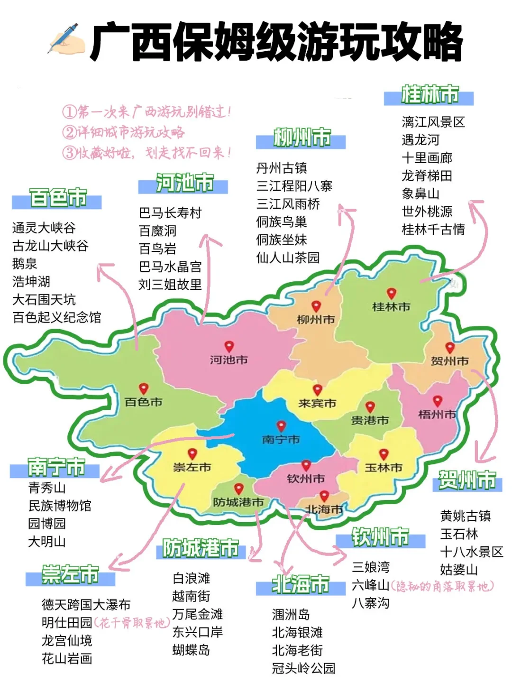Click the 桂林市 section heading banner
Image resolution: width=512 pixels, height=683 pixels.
pos(429,95)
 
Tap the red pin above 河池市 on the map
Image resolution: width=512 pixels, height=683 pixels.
pos(229,347)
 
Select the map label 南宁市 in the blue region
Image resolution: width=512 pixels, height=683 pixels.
pos(281,440)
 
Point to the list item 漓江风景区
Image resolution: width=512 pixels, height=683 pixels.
pos(433,122)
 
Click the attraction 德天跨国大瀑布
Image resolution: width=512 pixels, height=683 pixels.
pos(86,605)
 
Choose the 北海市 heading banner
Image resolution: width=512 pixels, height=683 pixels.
pos(301,585)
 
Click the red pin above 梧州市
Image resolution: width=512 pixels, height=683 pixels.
pos(437,401)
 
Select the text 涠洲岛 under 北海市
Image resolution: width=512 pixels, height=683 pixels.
pos(291,615)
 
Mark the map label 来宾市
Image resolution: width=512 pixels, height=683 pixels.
pos(317,404)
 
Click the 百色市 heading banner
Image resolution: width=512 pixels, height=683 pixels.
pos(57,198)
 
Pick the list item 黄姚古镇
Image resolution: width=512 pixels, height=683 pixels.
pos(465,516)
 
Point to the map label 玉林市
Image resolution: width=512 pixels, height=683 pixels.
pos(383,468)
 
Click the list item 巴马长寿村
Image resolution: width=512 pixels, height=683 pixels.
pos(170,213)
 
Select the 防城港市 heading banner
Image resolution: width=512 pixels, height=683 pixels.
pos(201,549)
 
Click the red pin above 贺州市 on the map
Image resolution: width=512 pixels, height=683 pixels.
pos(449,348)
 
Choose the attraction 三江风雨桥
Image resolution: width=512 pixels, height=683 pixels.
pos(288,204)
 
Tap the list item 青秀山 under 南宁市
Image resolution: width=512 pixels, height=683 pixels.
pos(47,488)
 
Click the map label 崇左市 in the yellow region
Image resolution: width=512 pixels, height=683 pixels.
pos(192,468)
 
